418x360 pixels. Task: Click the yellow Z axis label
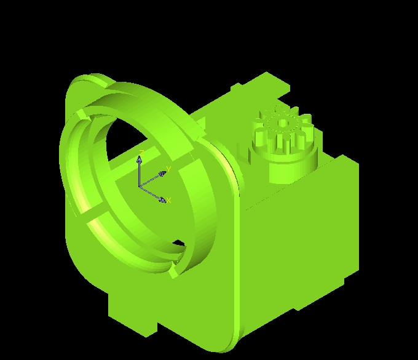pyautogui.click(x=141, y=152)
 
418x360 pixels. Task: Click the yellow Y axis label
pyautogui.click(x=168, y=168)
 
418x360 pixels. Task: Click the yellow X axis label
pyautogui.click(x=168, y=201)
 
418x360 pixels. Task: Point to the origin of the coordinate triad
pyautogui.click(x=140, y=186)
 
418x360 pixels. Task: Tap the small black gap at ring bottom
pyautogui.click(x=178, y=243)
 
